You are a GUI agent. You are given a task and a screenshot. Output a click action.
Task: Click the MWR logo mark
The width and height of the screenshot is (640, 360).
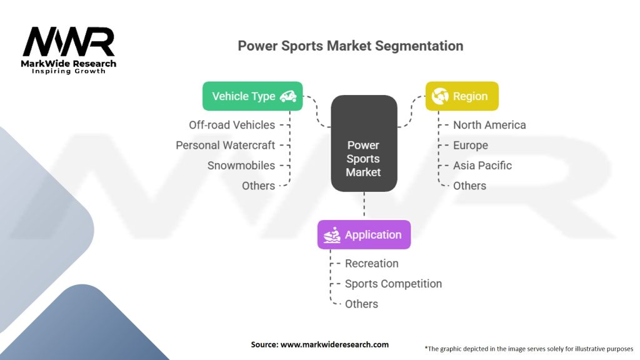click(x=69, y=42)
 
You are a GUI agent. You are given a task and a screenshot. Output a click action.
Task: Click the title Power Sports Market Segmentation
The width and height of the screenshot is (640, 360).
click(x=351, y=46)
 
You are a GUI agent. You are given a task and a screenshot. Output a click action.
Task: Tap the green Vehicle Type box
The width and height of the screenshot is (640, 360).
click(x=252, y=96)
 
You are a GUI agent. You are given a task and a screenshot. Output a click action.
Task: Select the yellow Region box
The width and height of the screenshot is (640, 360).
click(x=462, y=96)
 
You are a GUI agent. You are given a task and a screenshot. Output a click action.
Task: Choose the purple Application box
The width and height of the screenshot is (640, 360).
click(x=364, y=235)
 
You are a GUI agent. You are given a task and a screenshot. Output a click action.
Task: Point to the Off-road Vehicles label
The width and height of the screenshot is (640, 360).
click(x=232, y=125)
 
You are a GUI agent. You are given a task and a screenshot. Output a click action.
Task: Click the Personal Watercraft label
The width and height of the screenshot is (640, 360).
click(x=225, y=145)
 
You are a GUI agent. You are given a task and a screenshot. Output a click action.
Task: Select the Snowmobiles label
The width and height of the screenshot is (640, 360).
click(x=241, y=166)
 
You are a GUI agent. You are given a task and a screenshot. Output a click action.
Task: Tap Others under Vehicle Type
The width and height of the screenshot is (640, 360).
click(x=258, y=186)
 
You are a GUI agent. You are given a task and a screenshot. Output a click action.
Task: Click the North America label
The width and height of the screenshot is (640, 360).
click(x=489, y=125)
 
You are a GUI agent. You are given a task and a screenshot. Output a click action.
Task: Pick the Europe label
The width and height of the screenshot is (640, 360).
click(x=471, y=145)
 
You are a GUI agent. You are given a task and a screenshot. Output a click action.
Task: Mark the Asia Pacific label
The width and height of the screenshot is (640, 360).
click(x=482, y=166)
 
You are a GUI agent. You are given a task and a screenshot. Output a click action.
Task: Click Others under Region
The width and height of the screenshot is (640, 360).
click(x=469, y=186)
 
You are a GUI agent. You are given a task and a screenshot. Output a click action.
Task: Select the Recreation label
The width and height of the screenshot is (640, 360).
click(x=371, y=264)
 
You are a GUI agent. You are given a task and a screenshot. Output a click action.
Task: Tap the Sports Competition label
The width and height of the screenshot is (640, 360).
click(x=393, y=284)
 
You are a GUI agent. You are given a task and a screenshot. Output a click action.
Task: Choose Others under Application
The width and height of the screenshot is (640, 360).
click(x=361, y=304)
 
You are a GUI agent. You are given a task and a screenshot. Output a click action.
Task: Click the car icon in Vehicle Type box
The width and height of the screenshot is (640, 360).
click(x=288, y=96)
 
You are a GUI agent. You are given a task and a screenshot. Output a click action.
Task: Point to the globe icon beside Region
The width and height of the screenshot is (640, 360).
click(x=440, y=96)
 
